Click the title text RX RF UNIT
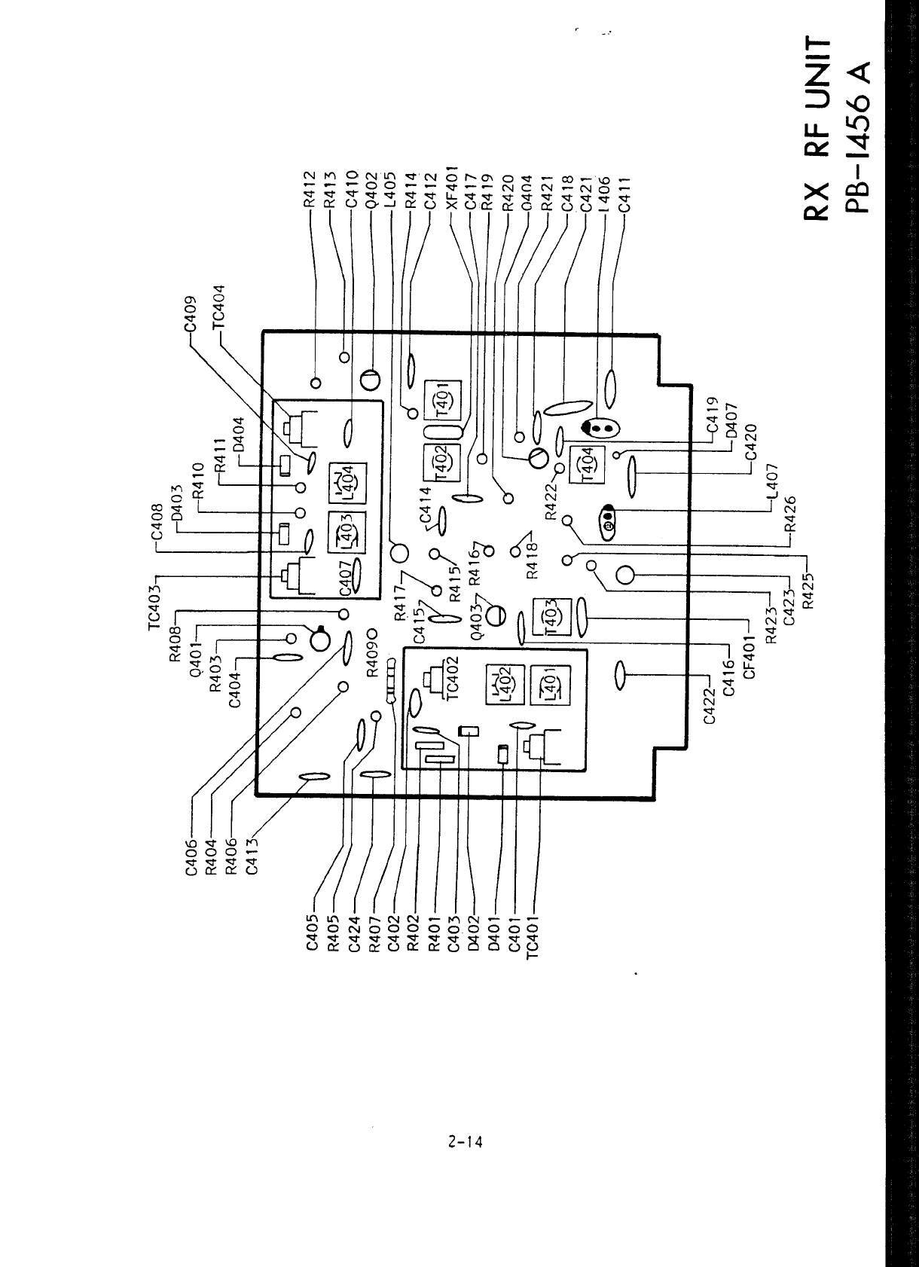820,127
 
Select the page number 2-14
463,1141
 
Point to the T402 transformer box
442,461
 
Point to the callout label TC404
218,308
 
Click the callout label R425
809,589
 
